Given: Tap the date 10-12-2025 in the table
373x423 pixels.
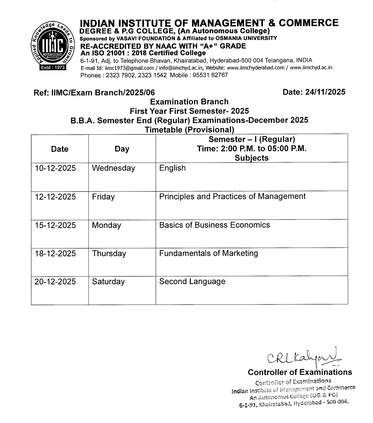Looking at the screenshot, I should (x=55, y=168).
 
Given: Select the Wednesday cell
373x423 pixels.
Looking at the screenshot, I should (x=113, y=168).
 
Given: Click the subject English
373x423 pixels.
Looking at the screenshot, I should (x=172, y=168).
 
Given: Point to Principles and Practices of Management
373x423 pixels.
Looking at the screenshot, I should (x=232, y=197).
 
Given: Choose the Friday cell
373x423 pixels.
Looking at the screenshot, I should (x=103, y=197).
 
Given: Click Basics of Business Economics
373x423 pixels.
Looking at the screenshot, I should (x=214, y=225).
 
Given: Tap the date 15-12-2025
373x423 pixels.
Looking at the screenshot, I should (x=55, y=225).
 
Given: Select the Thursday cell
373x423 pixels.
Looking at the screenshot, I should (x=109, y=253).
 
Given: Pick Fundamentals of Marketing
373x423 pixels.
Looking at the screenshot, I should (x=208, y=253).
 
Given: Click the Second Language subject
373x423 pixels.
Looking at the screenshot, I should (x=192, y=282).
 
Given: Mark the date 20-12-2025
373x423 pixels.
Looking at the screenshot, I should (x=55, y=282).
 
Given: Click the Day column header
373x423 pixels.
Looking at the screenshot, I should (x=122, y=149).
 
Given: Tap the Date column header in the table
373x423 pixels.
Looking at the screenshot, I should (x=60, y=149).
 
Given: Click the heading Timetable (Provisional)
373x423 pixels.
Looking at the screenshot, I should (x=189, y=130).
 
